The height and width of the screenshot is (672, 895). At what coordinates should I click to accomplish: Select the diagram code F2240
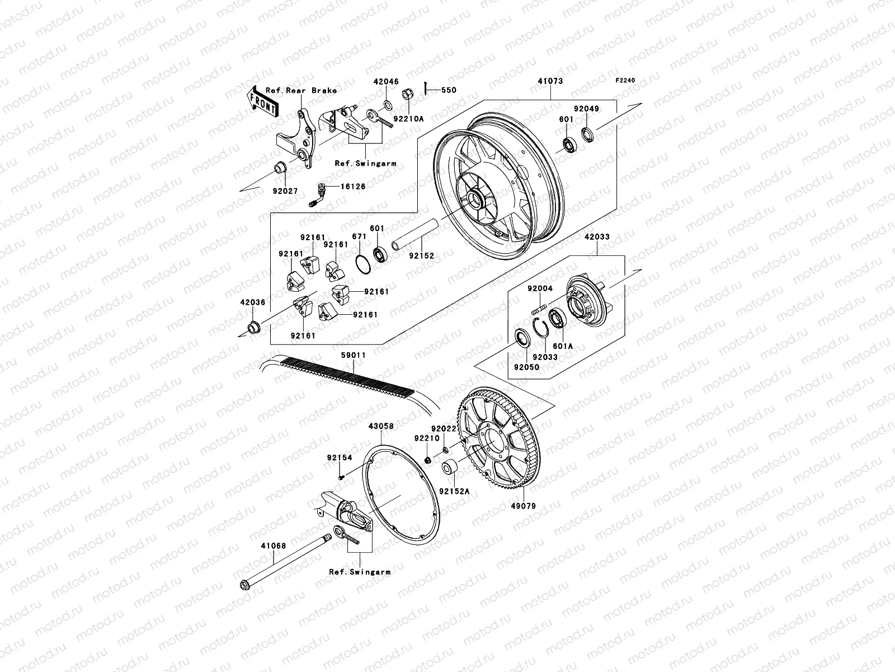click(x=626, y=81)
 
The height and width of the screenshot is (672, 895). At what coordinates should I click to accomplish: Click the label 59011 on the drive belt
click(x=354, y=355)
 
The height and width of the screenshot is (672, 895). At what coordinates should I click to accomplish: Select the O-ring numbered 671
click(x=362, y=263)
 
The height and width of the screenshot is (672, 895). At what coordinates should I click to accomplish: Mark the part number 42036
click(x=252, y=302)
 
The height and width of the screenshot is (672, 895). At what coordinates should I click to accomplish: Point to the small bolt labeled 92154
click(x=340, y=477)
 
